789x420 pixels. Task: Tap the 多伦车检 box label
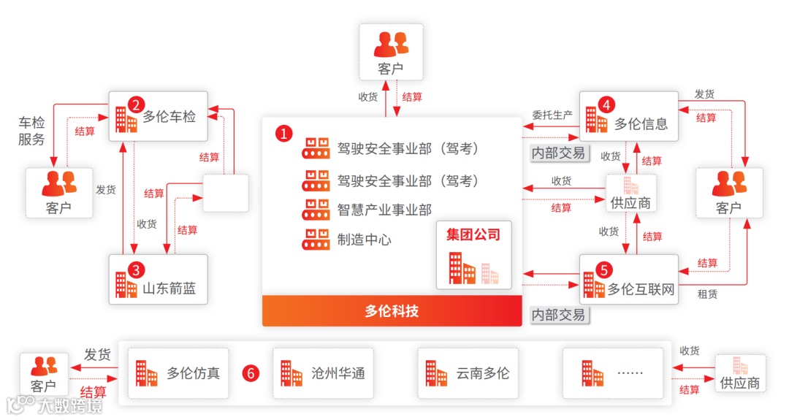coord(169,116)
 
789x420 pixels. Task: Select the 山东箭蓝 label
coord(169,288)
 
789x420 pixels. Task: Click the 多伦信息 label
coord(641,123)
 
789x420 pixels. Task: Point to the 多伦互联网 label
coord(641,289)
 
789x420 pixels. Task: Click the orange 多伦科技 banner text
coord(392,311)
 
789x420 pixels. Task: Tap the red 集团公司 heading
coord(473,235)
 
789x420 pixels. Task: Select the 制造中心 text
coord(364,240)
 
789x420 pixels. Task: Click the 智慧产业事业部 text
coord(384,210)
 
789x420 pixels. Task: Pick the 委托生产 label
coord(552,115)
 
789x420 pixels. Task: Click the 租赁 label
coord(707,294)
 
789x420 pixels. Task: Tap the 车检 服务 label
coord(31,131)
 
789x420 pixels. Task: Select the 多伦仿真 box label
coord(193,373)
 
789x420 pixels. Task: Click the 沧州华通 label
coord(338,373)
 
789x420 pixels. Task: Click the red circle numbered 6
coord(251,373)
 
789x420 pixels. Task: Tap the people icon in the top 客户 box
coord(391,45)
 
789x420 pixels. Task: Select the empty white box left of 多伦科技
coord(225,193)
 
